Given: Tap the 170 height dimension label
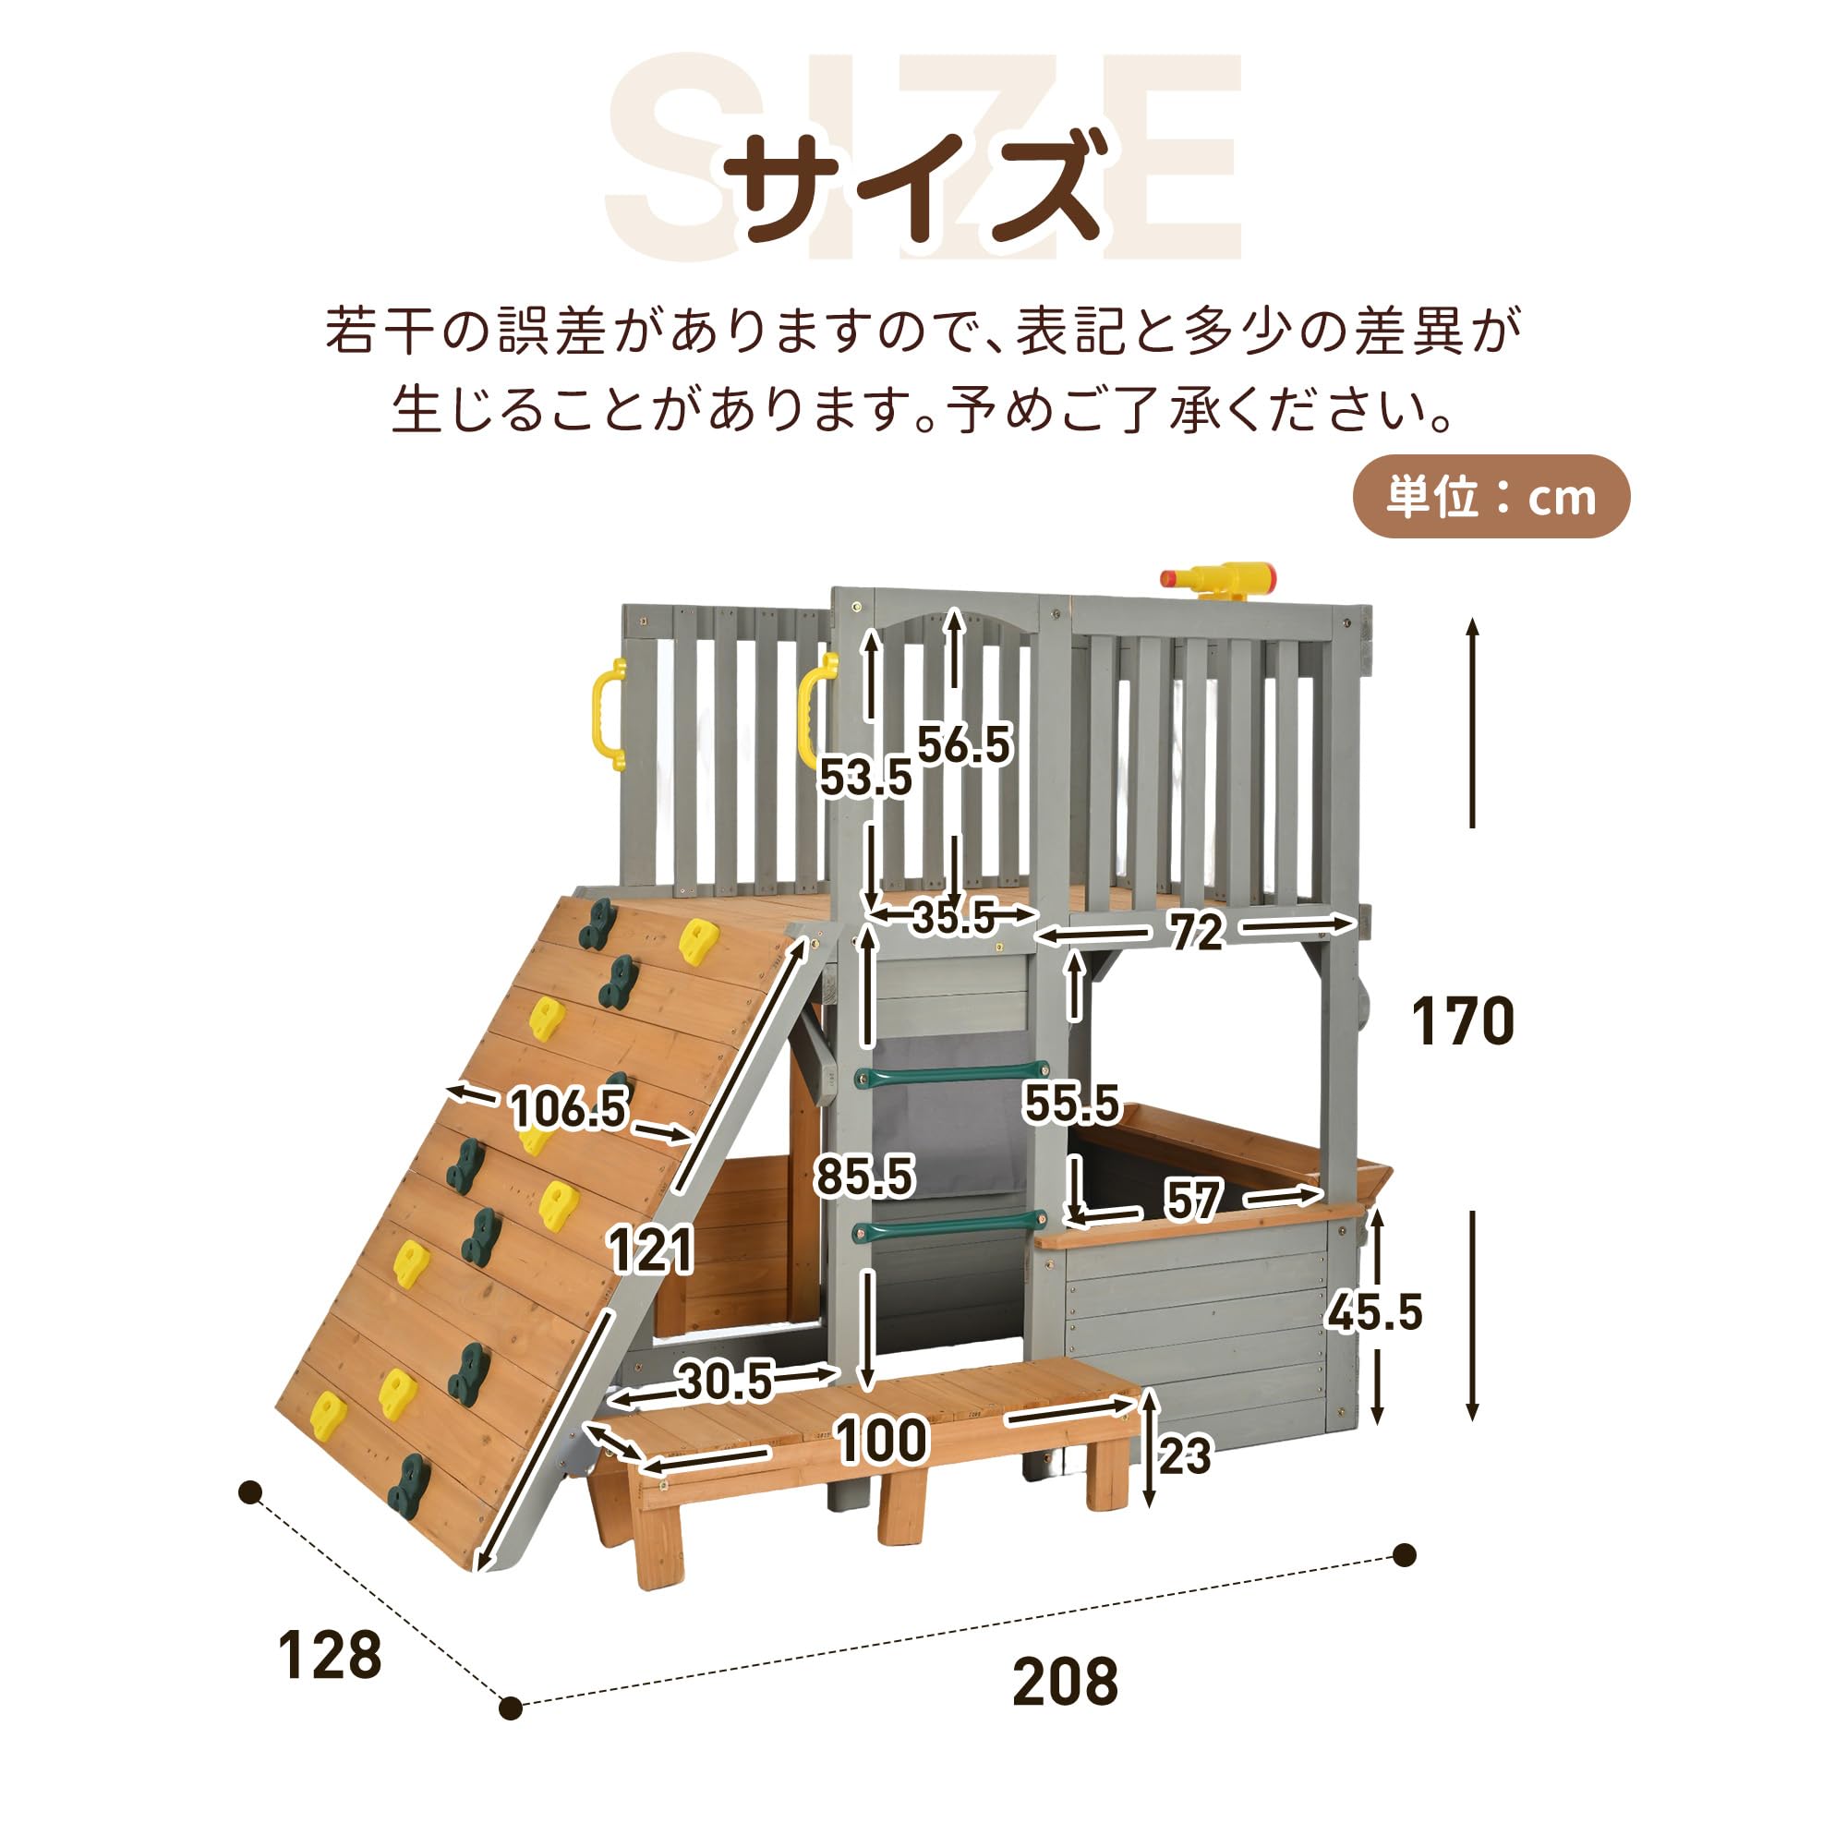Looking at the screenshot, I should click(x=1463, y=1021).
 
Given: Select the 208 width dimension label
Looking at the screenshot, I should click(x=1065, y=1683).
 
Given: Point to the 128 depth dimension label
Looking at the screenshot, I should click(x=330, y=1656).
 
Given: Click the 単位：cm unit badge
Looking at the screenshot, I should click(x=1491, y=497).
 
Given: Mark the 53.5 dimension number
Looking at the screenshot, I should click(x=865, y=778).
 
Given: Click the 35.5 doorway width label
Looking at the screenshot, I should click(x=954, y=918).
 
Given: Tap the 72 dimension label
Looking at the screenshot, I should click(x=1195, y=931).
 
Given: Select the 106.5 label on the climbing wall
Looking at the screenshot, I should click(x=569, y=1109).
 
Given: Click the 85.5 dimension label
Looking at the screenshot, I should click(x=864, y=1176).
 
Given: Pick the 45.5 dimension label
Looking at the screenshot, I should click(x=1375, y=1311).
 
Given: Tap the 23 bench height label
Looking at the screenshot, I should click(x=1185, y=1456).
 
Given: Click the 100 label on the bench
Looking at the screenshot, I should click(x=881, y=1441).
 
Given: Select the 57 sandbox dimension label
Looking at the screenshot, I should click(x=1193, y=1200).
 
